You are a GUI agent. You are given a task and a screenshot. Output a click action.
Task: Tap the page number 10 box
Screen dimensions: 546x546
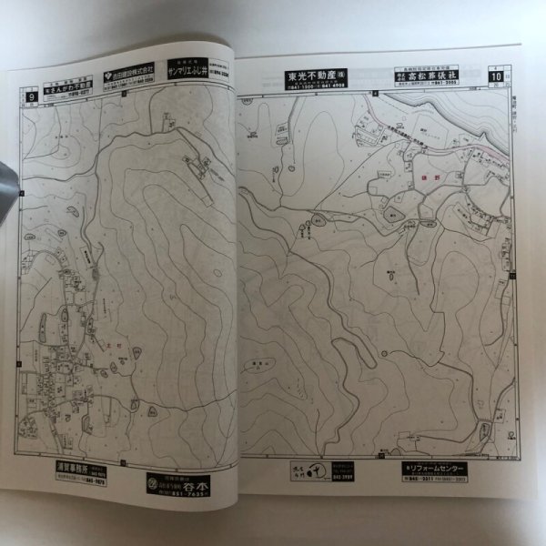click(497, 76)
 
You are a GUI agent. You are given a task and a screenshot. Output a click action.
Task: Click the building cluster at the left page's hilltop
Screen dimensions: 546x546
click(196, 165)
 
